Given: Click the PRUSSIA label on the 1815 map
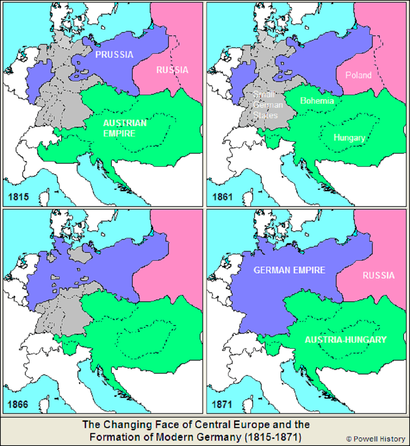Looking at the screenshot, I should (114, 55).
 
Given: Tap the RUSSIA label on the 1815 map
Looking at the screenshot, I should (172, 70).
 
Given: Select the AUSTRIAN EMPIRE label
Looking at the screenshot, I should (124, 128).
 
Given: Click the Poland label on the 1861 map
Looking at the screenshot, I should (358, 75).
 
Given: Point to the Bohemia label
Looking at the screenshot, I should (317, 101).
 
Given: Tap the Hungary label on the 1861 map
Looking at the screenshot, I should (349, 138).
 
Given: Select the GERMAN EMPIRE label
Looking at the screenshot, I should (289, 270).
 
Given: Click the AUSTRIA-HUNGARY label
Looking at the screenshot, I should (346, 340).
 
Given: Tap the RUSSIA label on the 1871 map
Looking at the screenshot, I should (378, 276).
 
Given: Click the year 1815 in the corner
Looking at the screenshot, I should (18, 197).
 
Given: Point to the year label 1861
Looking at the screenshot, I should (222, 197).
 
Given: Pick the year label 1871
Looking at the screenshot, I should (222, 404).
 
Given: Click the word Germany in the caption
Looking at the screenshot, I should (218, 437).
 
